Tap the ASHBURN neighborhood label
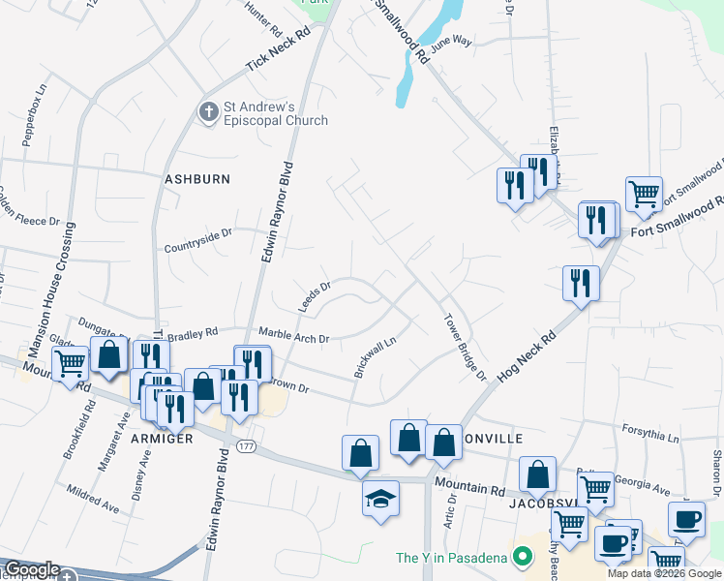click(197, 179)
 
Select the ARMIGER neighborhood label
click(163, 439)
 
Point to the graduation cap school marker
click(380, 499)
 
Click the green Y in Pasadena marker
click(524, 557)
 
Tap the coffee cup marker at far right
click(687, 518)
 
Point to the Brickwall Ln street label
click(376, 356)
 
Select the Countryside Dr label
click(198, 232)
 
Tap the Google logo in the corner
click(32, 570)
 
